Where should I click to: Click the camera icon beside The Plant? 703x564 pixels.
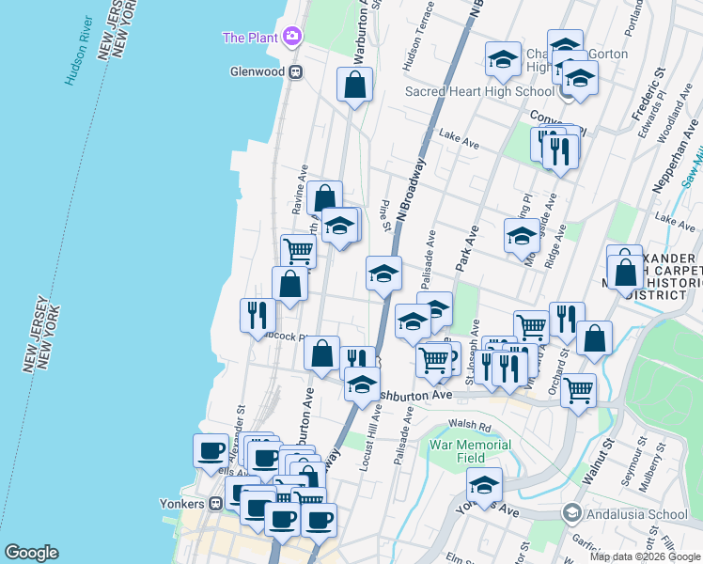coord(292,37)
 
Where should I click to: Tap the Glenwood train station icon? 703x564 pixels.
coord(295,71)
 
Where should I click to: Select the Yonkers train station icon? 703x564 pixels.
coord(216,502)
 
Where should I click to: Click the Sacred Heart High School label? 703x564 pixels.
coord(479,91)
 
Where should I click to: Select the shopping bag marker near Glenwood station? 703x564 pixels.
coord(355,86)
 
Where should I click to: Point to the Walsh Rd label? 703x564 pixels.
coord(465,426)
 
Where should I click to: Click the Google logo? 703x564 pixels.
coord(31,553)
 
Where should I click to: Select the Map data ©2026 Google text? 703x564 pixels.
coord(645,556)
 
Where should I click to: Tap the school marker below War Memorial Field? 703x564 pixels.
coord(484,486)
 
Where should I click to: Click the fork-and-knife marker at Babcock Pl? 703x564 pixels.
coord(257,315)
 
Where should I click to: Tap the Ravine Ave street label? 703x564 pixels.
coord(301,191)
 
